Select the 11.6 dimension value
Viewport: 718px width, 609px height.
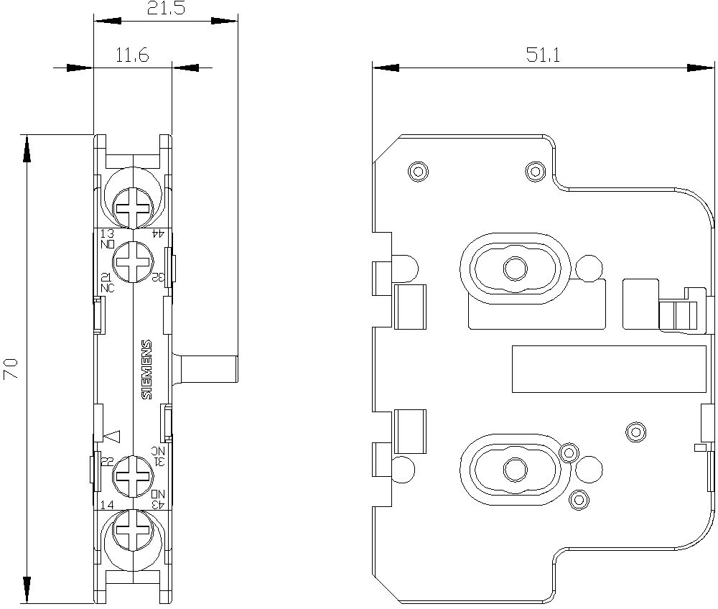click(x=131, y=55)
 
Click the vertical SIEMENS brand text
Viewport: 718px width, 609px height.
click(x=146, y=368)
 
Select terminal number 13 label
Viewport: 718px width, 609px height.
click(x=107, y=234)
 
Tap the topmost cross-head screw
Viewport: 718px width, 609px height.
click(x=133, y=209)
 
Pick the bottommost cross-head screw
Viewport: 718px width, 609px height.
click(x=133, y=532)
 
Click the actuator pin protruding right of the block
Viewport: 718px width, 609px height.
click(x=208, y=368)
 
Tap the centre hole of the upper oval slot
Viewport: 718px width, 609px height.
click(x=513, y=269)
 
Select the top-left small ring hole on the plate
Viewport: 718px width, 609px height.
click(x=417, y=170)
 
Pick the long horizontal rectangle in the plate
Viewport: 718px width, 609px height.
click(x=609, y=369)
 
